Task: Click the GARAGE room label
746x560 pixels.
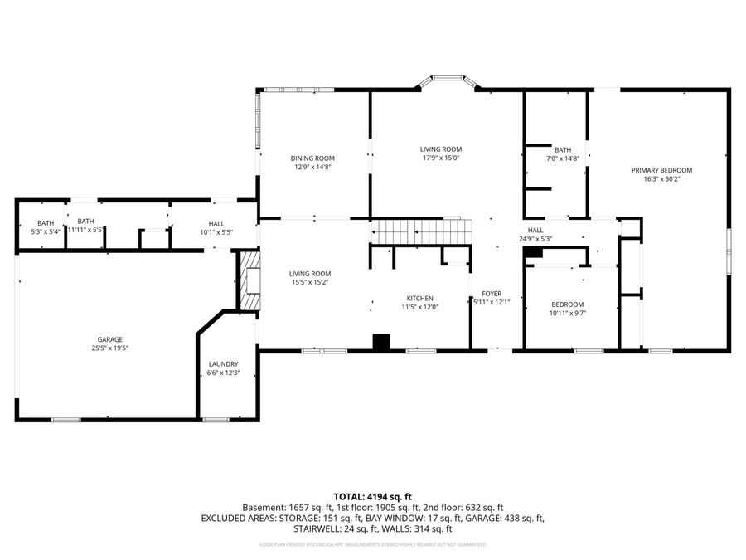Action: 110,339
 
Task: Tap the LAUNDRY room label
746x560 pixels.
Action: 224,363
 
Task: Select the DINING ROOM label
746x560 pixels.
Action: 312,158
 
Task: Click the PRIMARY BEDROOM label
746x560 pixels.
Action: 661,170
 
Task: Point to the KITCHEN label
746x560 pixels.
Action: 419,299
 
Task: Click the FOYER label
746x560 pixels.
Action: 492,293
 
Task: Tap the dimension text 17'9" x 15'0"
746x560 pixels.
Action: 440,158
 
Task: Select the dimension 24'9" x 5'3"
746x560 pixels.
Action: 535,239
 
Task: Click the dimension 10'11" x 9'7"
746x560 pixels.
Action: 568,314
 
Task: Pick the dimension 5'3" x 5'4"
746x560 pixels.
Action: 46,231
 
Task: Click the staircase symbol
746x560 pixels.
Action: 419,231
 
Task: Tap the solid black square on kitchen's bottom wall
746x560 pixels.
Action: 381,343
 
